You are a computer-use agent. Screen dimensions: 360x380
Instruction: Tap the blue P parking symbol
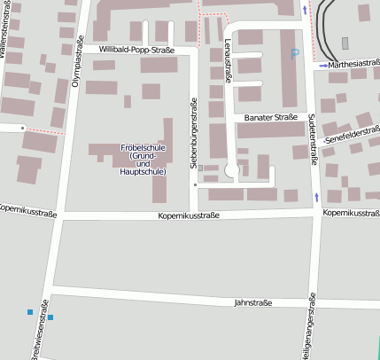coord(295,55)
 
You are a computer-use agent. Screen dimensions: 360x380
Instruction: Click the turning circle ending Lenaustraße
coord(232,169)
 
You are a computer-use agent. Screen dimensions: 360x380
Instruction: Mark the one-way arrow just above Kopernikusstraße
coord(317,196)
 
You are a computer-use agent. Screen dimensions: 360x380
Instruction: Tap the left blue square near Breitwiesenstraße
coord(30,312)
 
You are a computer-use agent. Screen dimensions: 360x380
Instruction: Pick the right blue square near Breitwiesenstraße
coord(50,317)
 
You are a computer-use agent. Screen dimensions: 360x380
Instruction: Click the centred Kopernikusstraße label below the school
coord(188,215)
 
